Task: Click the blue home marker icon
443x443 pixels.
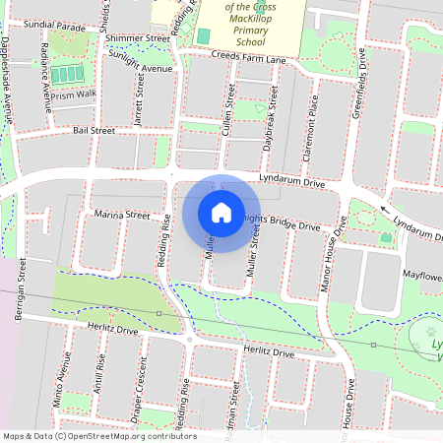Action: [221, 212]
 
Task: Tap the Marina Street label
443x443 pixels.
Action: [122, 215]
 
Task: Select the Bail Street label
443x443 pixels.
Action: [95, 130]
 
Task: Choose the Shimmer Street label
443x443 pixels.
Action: [141, 37]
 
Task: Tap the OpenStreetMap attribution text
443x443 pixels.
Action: [99, 436]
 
